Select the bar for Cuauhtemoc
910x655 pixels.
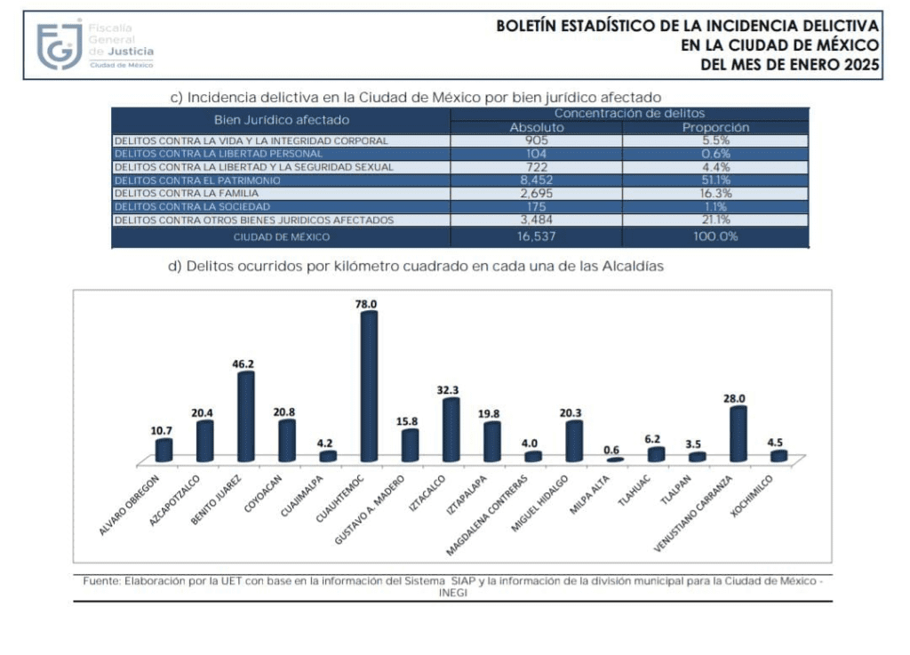click(x=368, y=387)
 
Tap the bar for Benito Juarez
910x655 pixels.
click(x=245, y=417)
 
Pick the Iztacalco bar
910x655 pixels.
click(x=451, y=430)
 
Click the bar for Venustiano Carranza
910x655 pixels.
click(x=737, y=434)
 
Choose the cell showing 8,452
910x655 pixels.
click(x=536, y=180)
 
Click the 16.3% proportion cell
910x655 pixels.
click(x=715, y=193)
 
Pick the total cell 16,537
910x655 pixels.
click(x=536, y=236)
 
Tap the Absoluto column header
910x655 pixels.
click(x=536, y=127)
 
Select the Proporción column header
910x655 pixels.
click(x=715, y=127)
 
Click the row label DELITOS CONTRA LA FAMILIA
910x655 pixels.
click(x=187, y=193)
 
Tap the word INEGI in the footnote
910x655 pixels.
click(x=452, y=592)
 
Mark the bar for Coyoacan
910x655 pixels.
click(x=286, y=441)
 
